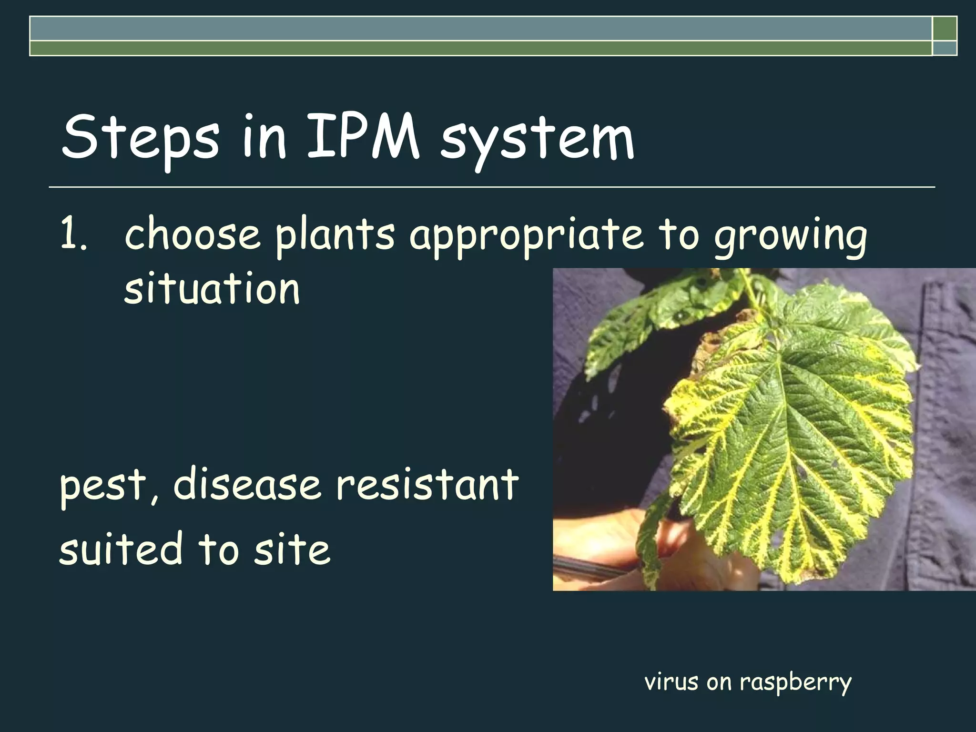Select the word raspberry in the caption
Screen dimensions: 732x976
(x=795, y=682)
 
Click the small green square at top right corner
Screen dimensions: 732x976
(x=945, y=29)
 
